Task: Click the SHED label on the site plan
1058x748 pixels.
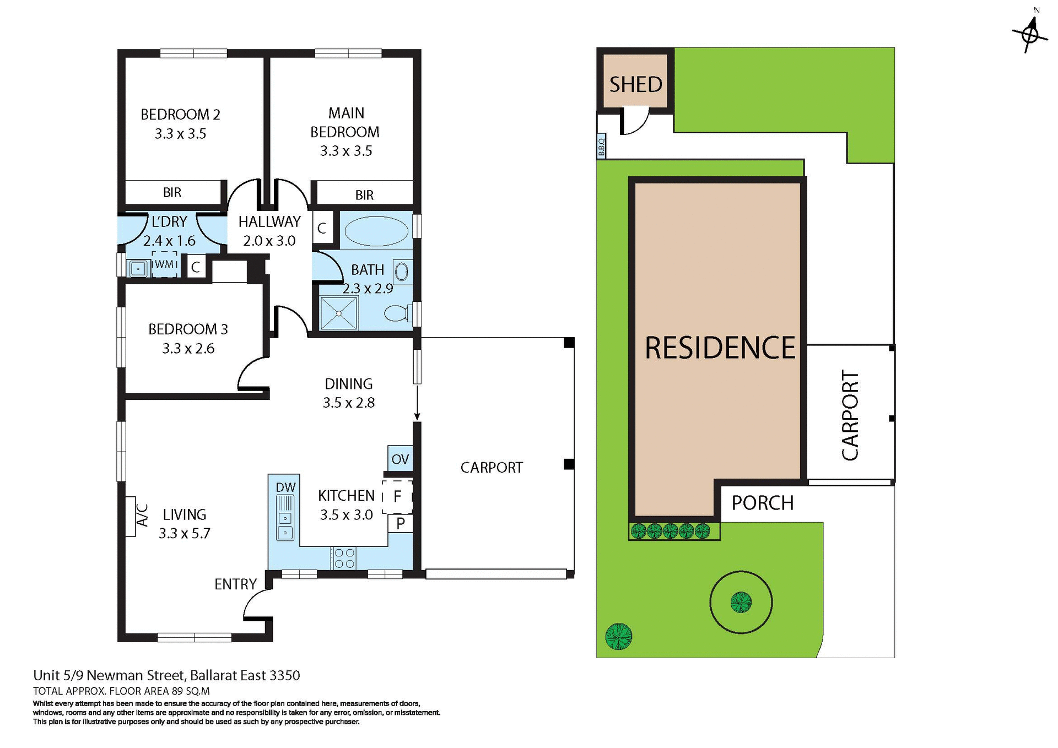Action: tap(635, 84)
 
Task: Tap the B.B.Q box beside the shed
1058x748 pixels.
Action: tap(601, 146)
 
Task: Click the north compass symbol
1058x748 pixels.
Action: tap(1029, 35)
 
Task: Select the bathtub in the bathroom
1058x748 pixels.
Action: tap(376, 231)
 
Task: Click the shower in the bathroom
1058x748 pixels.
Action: tap(338, 313)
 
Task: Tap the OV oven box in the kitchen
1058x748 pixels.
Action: tap(400, 459)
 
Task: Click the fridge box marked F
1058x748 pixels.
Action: tap(397, 496)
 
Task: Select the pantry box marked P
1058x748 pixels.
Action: tap(401, 523)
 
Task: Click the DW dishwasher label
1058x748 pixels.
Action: tap(285, 487)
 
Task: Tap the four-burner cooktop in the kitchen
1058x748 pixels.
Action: tap(344, 558)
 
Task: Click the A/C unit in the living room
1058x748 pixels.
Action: tap(131, 516)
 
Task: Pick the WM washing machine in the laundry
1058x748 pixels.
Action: tap(164, 264)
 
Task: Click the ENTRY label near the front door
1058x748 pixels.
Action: tap(235, 584)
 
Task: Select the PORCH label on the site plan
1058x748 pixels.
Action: tap(762, 503)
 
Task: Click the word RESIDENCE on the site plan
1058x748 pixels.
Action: tap(720, 348)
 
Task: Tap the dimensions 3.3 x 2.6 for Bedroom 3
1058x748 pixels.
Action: tap(188, 348)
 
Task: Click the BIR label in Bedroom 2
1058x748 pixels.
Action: tap(172, 192)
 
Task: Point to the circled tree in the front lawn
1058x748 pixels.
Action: tap(741, 602)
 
